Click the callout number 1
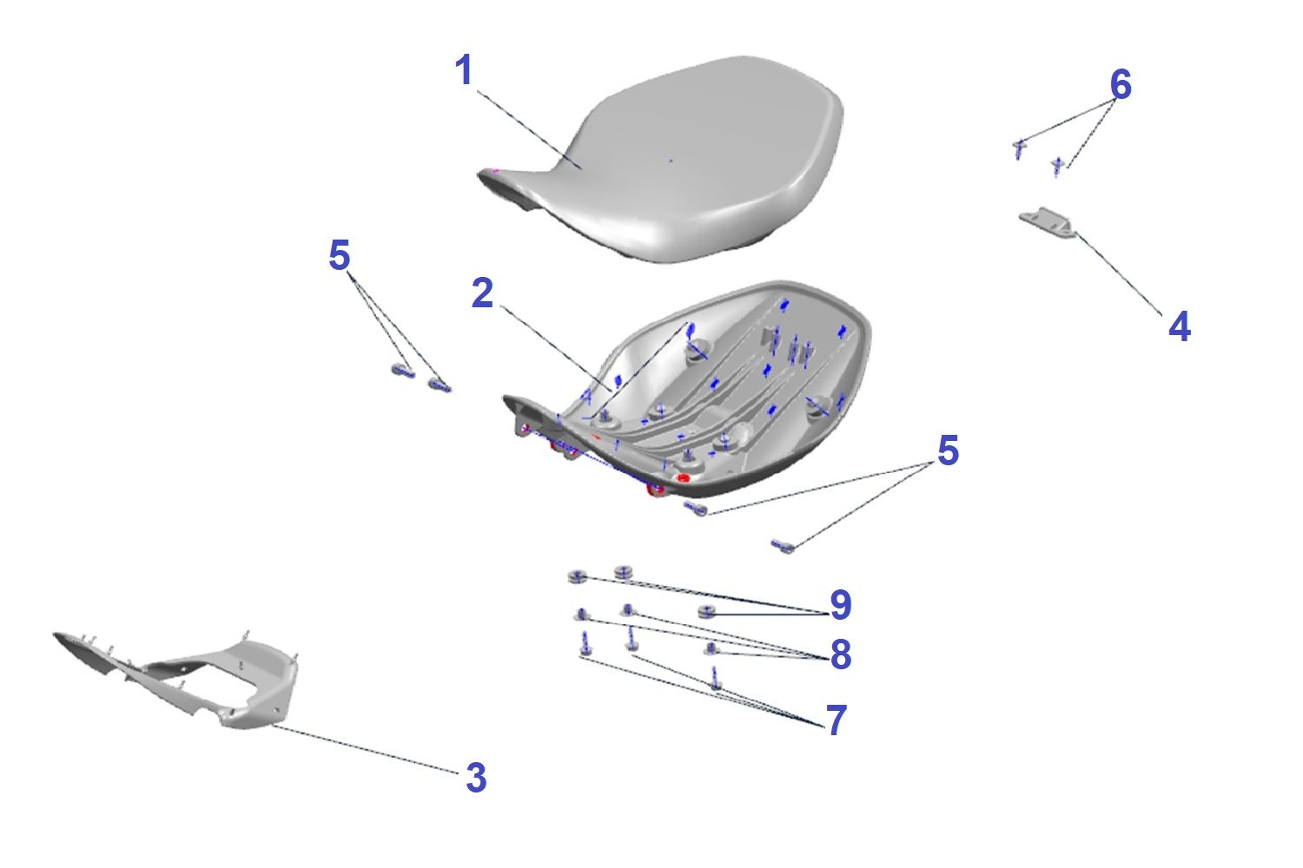point(464,70)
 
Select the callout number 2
point(482,293)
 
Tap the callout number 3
point(476,778)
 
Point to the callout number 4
point(1180,326)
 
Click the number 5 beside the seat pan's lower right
point(949,450)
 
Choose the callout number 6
point(1121,84)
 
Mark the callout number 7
point(837,720)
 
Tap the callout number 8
point(841,654)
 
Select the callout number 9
point(841,605)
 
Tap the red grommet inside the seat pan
point(684,478)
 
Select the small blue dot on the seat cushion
point(671,160)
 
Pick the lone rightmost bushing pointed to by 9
point(705,611)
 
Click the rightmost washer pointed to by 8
point(711,648)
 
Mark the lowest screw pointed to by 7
point(716,679)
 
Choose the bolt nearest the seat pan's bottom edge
point(696,509)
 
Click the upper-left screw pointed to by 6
point(1019,149)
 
